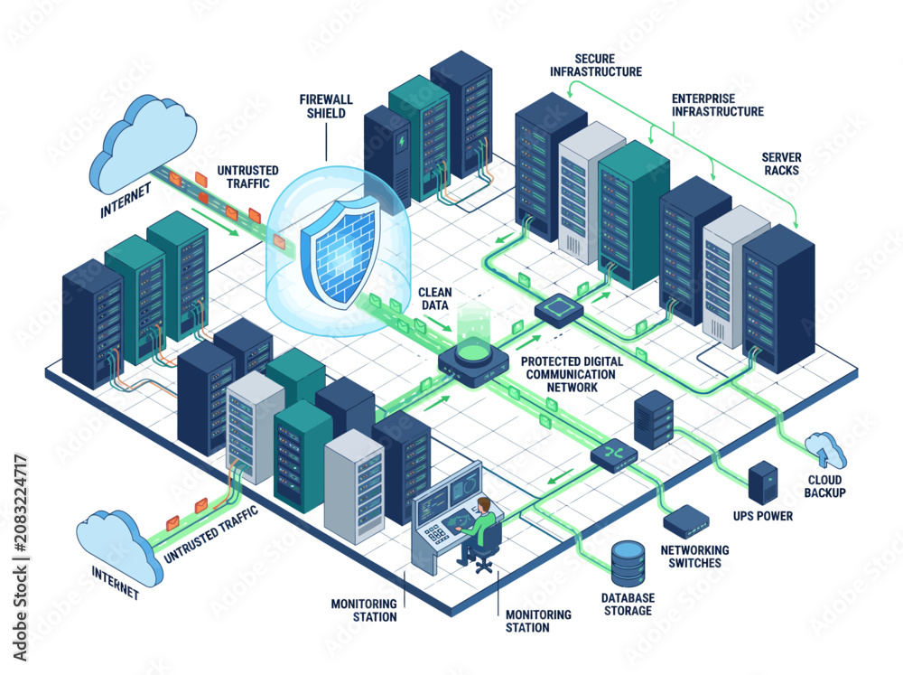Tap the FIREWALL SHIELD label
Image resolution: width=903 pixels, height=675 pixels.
click(326, 107)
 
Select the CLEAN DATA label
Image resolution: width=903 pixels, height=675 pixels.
click(435, 298)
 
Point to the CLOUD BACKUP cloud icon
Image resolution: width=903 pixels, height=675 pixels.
click(826, 449)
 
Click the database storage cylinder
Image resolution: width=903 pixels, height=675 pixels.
click(628, 563)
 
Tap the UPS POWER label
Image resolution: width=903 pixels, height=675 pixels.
click(762, 516)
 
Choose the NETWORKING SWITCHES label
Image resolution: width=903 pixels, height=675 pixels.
click(694, 557)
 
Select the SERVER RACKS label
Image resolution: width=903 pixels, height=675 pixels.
click(781, 164)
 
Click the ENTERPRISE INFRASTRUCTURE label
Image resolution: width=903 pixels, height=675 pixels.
click(718, 105)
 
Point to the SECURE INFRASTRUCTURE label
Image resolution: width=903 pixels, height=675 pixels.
click(595, 65)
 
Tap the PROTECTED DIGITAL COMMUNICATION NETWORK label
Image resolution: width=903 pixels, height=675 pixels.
click(572, 374)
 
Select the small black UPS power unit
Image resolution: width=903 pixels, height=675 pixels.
click(762, 482)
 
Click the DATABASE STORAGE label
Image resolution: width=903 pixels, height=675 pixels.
click(628, 605)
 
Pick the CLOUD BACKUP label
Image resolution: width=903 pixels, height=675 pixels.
click(824, 486)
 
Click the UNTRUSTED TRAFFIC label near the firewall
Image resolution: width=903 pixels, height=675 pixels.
click(247, 177)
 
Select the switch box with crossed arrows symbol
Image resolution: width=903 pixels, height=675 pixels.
click(614, 455)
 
